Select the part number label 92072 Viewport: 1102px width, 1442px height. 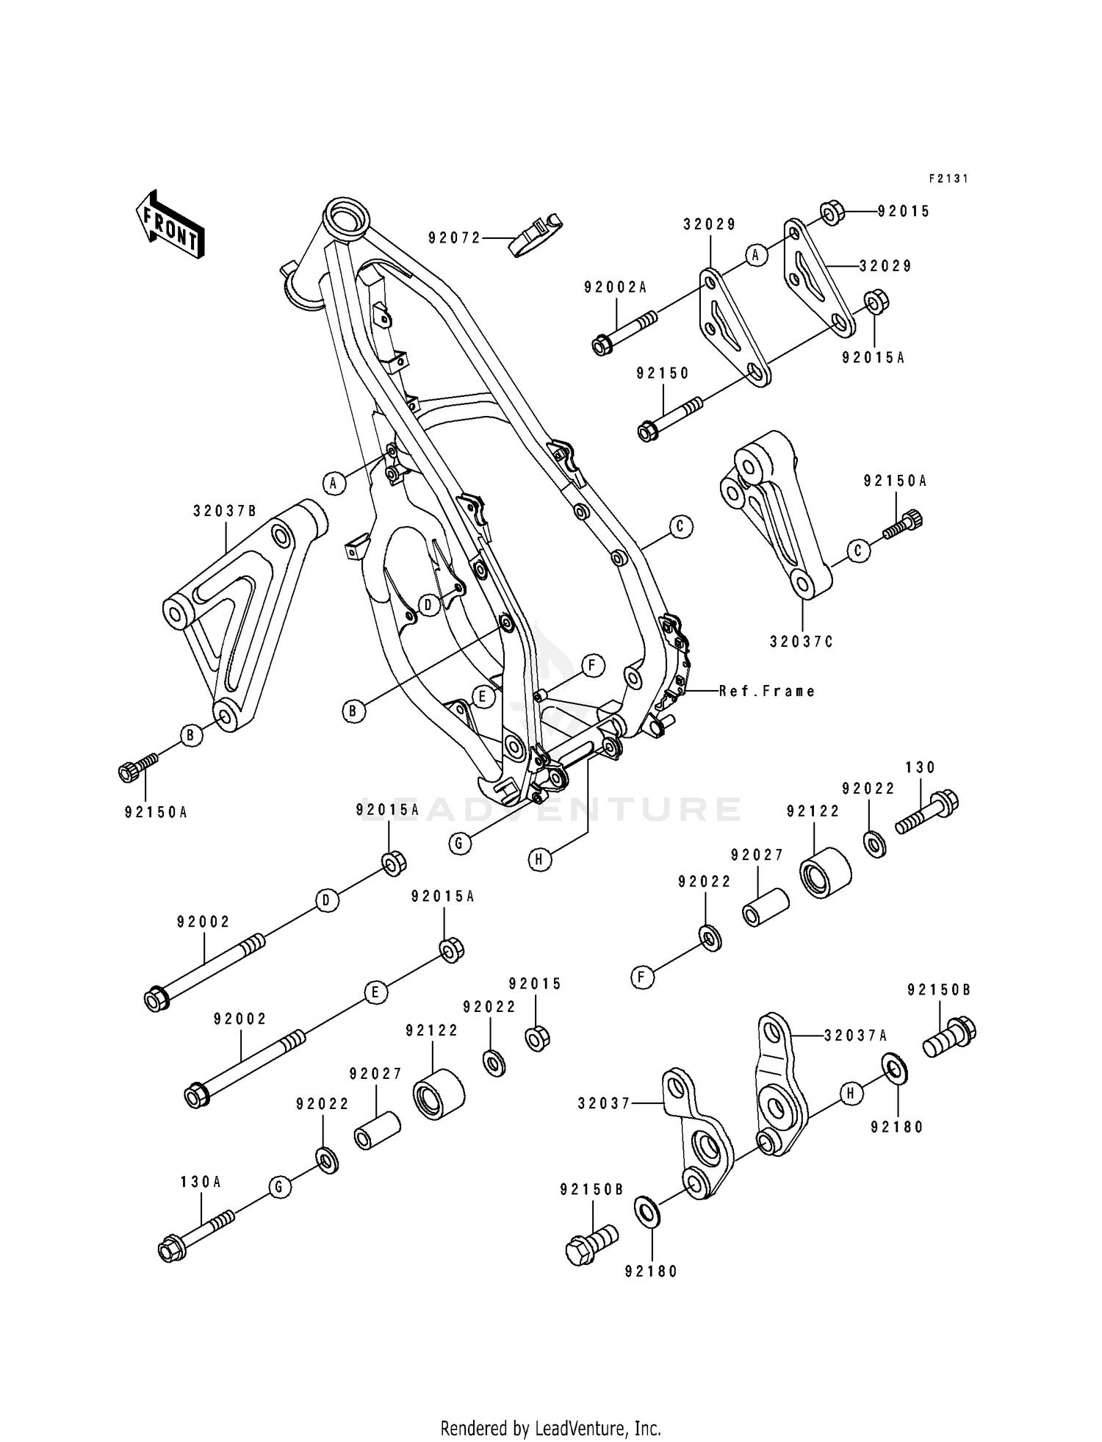[454, 237]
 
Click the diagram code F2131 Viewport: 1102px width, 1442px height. [948, 179]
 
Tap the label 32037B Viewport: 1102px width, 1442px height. [225, 511]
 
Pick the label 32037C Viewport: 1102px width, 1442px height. [802, 642]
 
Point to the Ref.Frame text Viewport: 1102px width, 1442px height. [767, 691]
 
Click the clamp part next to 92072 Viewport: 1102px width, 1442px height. [534, 234]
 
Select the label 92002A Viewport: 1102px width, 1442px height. [616, 287]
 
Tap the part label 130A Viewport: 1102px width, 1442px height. [201, 1182]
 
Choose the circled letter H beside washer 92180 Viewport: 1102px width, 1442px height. [850, 1094]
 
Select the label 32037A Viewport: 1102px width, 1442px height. [855, 1036]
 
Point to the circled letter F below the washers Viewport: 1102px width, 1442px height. [642, 978]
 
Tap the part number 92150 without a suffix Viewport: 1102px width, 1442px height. [663, 373]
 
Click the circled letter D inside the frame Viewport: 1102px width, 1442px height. [428, 605]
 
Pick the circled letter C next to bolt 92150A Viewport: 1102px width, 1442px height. [857, 550]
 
